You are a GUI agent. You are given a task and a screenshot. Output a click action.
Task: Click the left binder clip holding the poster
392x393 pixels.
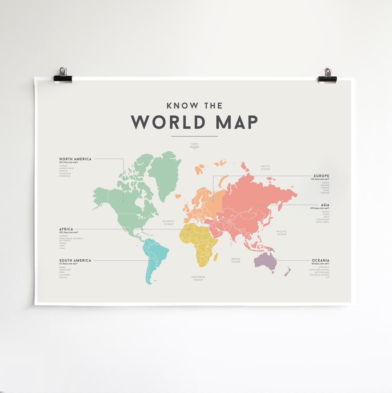[x=63, y=75]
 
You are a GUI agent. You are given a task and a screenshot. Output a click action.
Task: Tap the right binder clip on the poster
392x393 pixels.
[x=327, y=76]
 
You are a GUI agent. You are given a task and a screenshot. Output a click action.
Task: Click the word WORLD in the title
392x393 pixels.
[x=168, y=122]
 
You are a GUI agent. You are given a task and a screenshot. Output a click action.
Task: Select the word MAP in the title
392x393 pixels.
[x=236, y=122]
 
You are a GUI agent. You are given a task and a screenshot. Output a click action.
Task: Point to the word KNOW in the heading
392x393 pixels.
[x=180, y=106]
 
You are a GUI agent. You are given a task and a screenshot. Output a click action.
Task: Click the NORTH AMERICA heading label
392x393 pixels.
[x=75, y=159]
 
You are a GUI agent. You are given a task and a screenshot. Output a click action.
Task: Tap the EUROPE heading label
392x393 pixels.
[x=321, y=176]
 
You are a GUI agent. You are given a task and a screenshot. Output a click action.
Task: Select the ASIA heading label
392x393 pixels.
[x=325, y=205]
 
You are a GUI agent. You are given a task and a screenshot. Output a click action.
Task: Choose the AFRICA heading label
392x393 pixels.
[x=66, y=229]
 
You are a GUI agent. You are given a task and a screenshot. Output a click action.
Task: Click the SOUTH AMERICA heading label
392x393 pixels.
[x=75, y=260]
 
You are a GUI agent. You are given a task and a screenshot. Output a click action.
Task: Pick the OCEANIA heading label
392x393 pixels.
[x=320, y=260]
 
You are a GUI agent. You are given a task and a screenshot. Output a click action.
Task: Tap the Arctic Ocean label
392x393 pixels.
[x=265, y=167]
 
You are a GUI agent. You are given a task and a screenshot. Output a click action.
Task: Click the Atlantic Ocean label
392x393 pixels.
[x=168, y=222]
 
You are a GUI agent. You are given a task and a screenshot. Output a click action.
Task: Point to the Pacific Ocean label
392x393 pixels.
[x=281, y=233]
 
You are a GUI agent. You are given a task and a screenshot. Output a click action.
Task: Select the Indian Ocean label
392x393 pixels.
[x=236, y=260]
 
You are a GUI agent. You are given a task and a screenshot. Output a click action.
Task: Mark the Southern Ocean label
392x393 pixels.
[x=198, y=278]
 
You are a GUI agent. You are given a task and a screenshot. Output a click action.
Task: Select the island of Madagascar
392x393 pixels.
[x=216, y=257]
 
